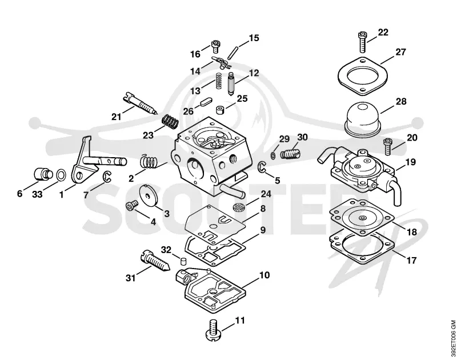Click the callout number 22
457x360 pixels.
383,32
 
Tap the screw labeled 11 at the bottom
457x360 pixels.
214,330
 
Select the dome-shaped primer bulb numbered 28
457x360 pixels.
363,119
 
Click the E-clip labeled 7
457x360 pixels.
107,177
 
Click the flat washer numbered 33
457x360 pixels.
61,175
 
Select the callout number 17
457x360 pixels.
411,260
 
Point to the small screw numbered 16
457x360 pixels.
215,46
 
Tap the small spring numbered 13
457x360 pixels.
218,81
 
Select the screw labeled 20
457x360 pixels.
387,147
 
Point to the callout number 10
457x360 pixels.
264,275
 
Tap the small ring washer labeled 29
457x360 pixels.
273,155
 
